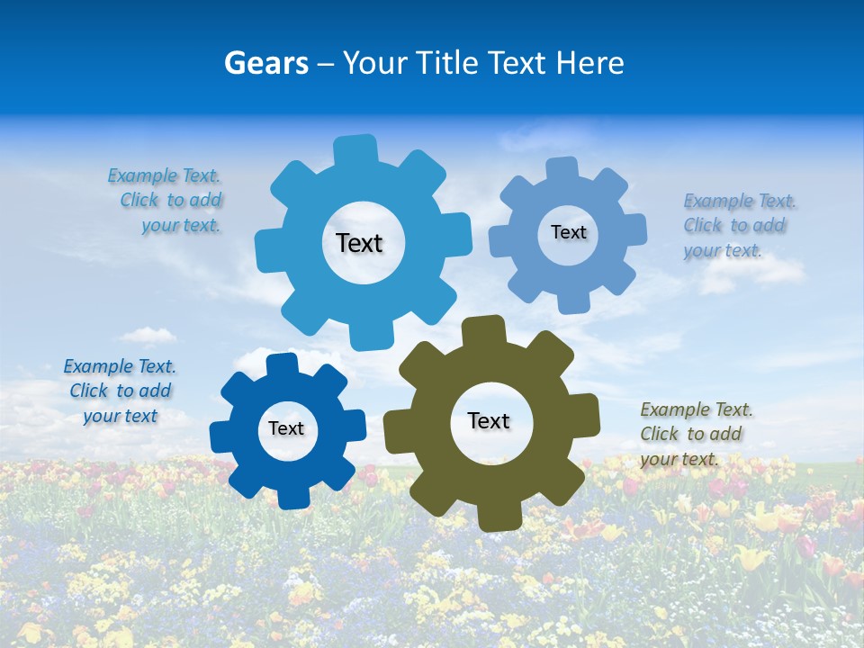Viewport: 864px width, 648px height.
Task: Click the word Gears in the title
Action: [x=265, y=63]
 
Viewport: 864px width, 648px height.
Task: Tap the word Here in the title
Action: [x=589, y=63]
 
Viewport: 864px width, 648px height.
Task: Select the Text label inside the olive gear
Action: [x=489, y=420]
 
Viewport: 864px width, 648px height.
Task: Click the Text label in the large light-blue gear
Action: [x=359, y=243]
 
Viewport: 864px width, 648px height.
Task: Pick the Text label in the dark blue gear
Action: [x=286, y=428]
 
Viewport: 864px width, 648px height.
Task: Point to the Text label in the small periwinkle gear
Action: [x=568, y=232]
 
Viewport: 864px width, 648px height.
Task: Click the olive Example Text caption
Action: [x=696, y=435]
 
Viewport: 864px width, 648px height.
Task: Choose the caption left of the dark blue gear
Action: [x=120, y=391]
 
